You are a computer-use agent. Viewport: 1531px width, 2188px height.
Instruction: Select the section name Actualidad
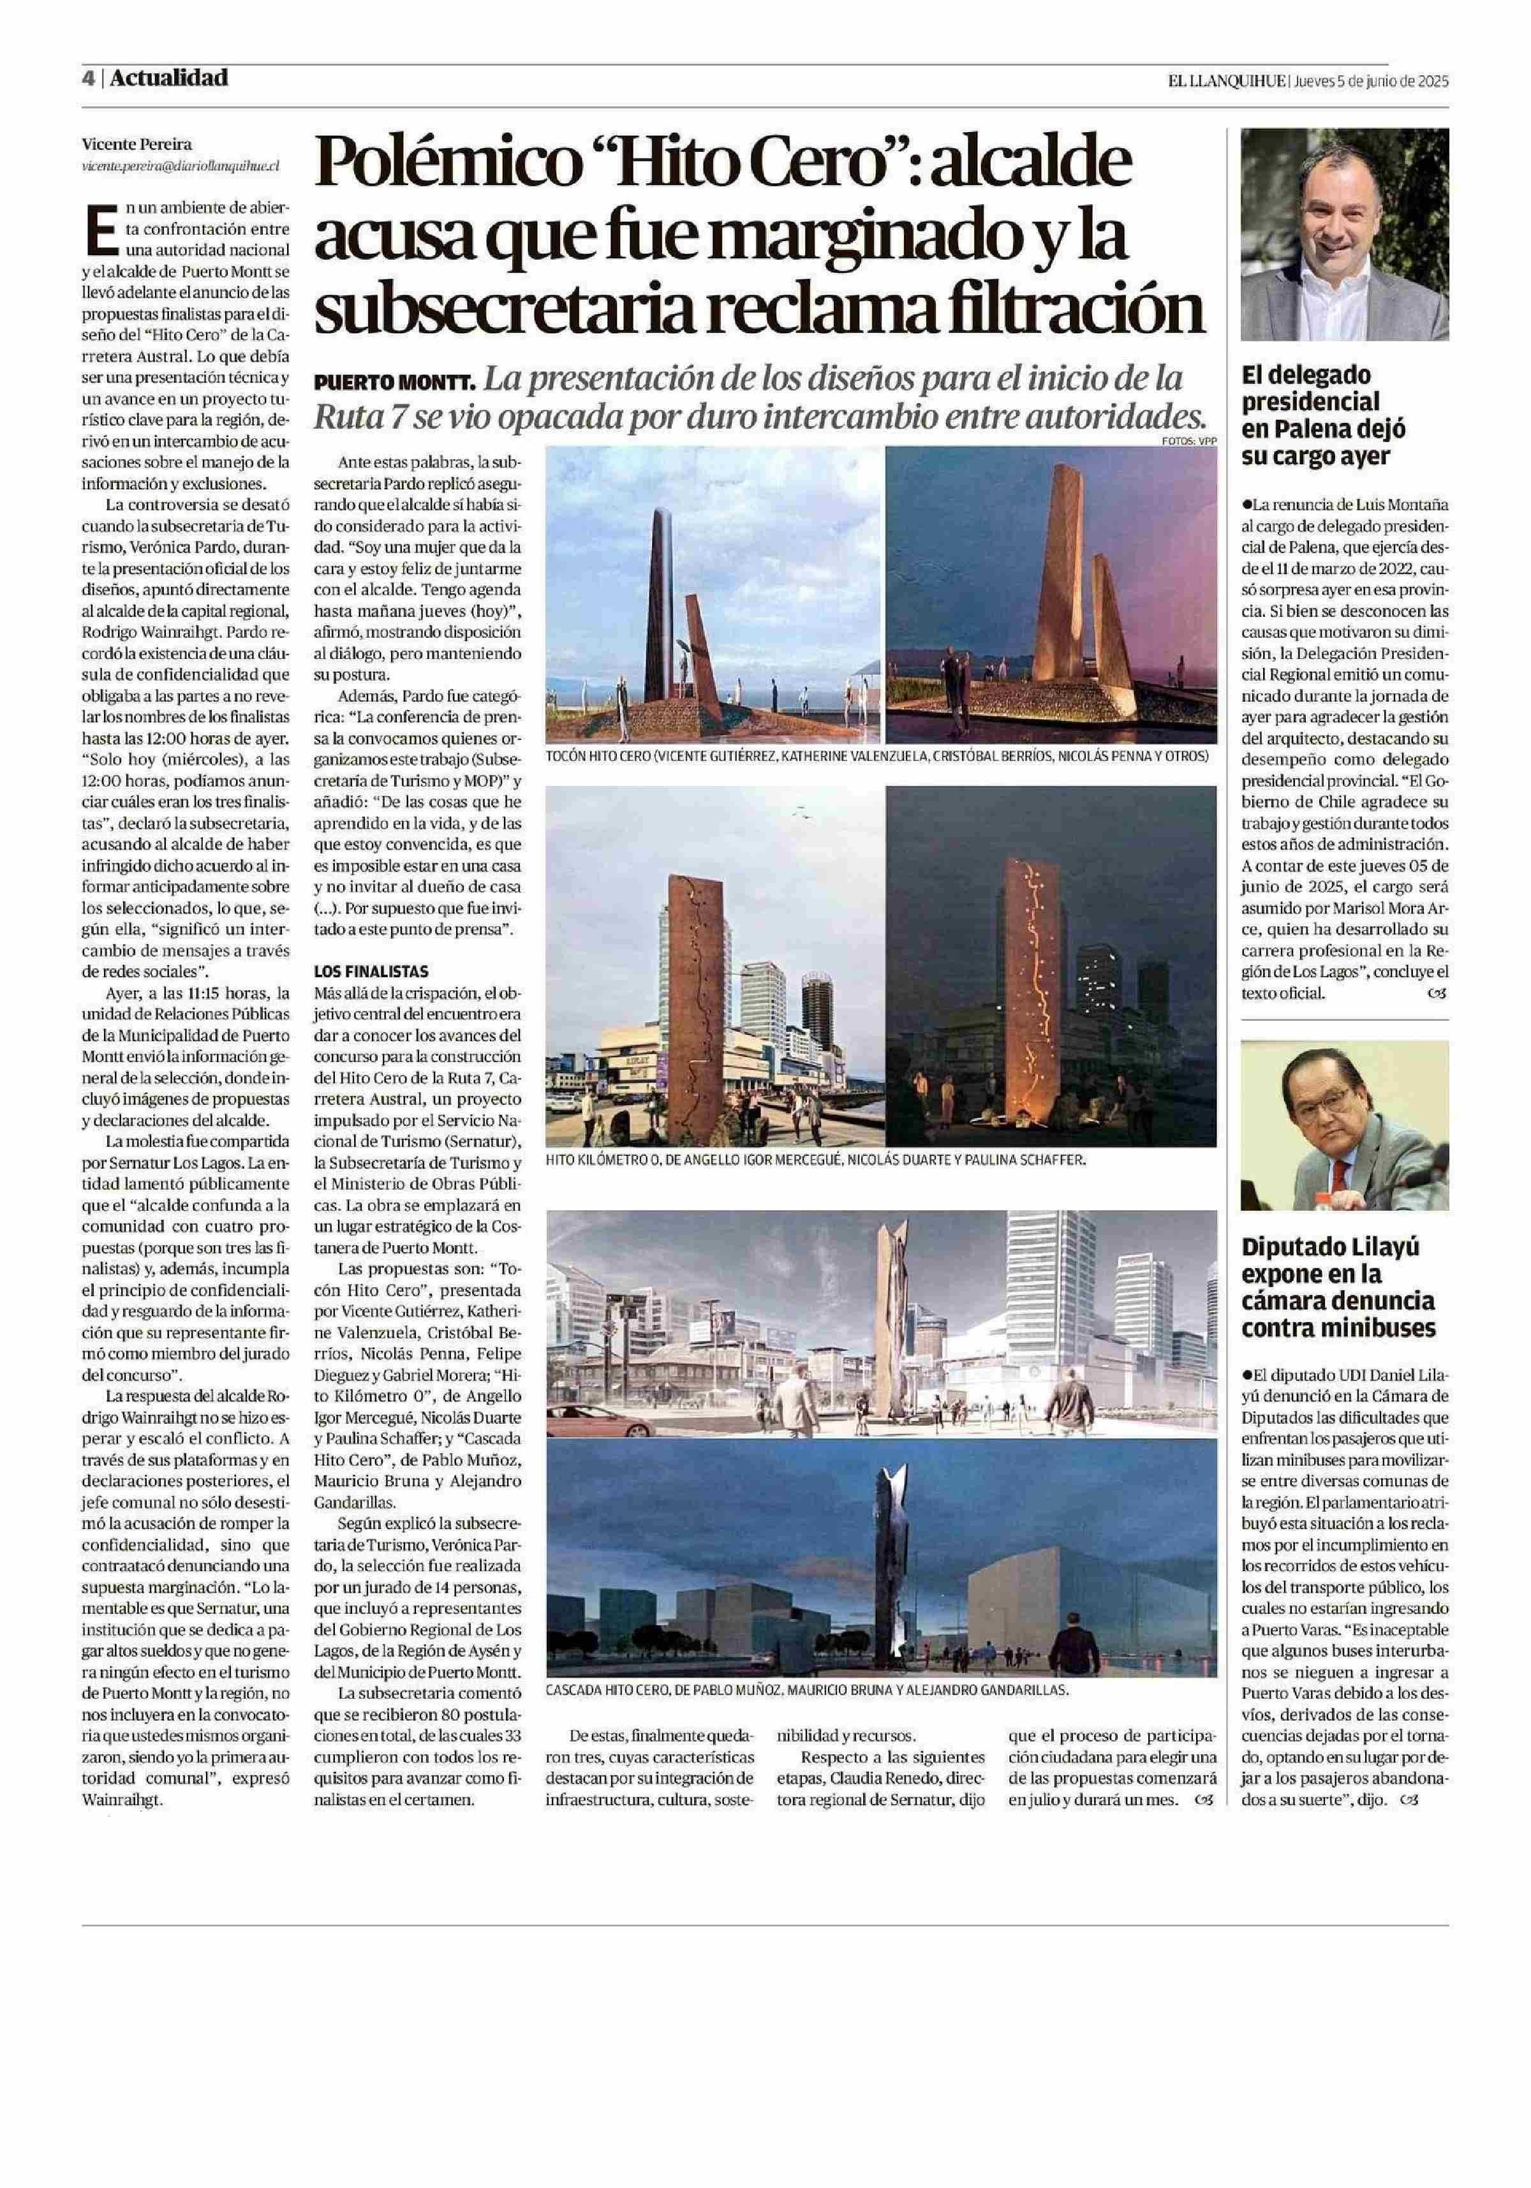(168, 78)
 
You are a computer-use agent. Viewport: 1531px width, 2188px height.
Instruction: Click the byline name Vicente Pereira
(137, 145)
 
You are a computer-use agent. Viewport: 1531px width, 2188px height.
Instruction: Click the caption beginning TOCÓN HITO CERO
(876, 756)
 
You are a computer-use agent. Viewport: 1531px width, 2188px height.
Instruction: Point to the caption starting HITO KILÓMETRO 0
(815, 1161)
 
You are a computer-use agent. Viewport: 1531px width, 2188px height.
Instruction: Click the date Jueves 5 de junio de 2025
(1371, 81)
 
